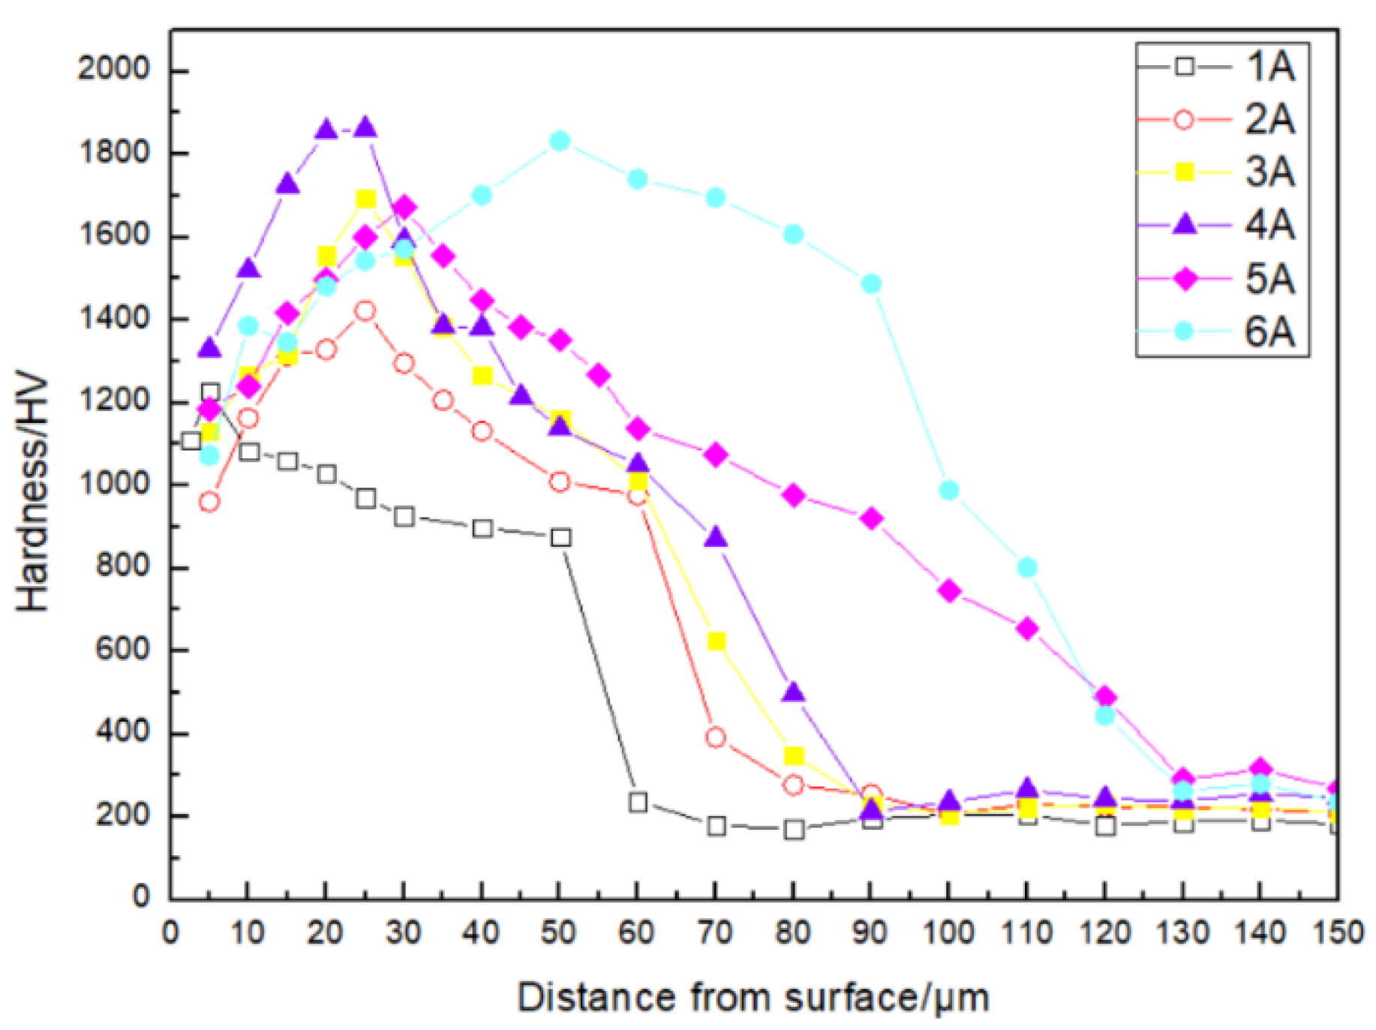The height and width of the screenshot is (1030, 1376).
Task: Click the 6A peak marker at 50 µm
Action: [560, 141]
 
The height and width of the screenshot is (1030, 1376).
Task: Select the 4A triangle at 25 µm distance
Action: [365, 127]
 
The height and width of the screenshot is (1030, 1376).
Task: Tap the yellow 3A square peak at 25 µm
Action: [365, 199]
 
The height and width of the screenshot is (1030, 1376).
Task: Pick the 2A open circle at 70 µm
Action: [716, 737]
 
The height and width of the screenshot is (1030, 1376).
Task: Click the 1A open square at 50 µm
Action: [560, 537]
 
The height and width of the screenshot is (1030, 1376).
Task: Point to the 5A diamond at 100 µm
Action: [949, 591]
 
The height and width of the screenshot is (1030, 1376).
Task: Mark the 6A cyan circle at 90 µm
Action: [871, 284]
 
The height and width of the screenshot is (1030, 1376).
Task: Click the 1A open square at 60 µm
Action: [638, 802]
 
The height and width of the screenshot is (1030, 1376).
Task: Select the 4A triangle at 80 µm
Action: [793, 692]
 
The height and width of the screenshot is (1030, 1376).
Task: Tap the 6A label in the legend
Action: [1269, 331]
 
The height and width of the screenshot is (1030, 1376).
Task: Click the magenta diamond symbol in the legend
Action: [1185, 278]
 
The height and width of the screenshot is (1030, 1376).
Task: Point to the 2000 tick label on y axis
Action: [113, 69]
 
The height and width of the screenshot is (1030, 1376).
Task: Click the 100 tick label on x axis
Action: [948, 933]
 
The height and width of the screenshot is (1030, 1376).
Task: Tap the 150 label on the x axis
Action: [1338, 933]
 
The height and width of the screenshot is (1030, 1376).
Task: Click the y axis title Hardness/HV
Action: [32, 493]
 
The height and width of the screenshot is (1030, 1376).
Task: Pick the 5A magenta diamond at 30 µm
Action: [404, 207]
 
